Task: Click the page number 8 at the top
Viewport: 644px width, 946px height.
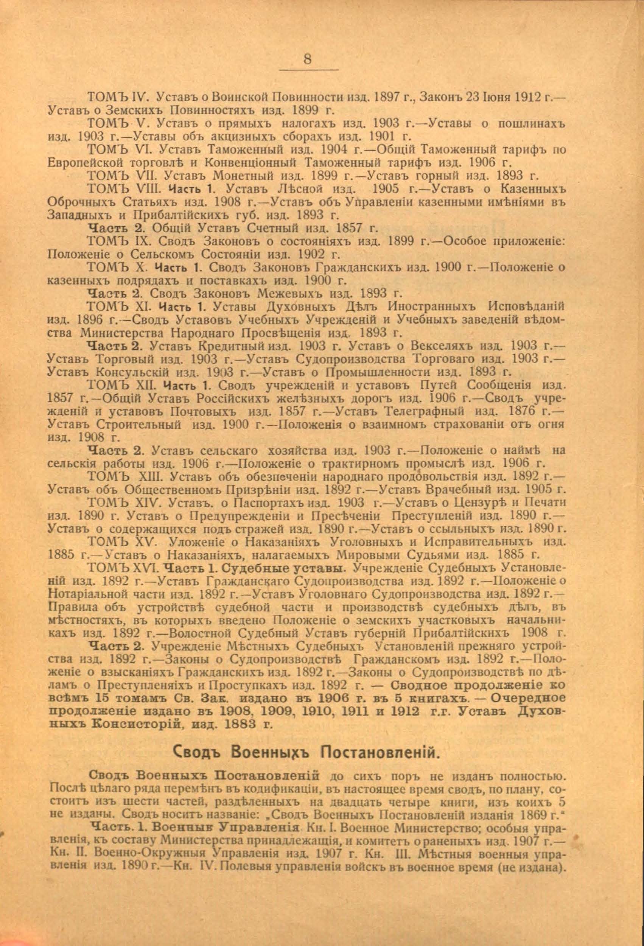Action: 307,59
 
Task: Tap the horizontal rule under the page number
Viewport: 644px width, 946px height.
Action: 310,70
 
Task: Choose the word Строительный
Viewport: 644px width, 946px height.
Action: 139,425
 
